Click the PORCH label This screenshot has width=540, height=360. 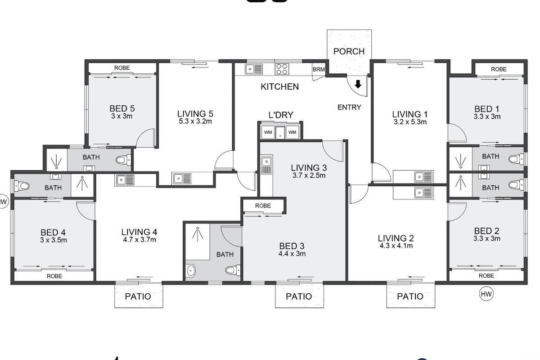click(349, 51)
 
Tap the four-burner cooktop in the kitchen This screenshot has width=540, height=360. click(282, 69)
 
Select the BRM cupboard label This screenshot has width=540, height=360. click(318, 69)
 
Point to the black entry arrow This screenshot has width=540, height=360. click(358, 84)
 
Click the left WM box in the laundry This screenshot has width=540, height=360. click(268, 132)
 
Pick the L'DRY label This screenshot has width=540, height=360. click(281, 115)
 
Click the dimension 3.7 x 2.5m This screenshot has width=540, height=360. click(308, 175)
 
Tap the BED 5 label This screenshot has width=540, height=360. click(122, 108)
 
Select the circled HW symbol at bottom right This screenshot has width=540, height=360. click(486, 294)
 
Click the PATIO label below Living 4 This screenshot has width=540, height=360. click(138, 297)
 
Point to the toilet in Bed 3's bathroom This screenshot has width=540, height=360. click(232, 270)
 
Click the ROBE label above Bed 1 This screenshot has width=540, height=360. click(499, 69)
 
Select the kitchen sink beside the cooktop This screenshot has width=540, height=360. click(254, 69)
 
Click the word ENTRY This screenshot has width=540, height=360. click(349, 107)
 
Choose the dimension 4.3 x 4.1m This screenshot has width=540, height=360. click(396, 246)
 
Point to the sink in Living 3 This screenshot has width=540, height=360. click(266, 165)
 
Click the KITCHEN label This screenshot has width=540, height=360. click(279, 86)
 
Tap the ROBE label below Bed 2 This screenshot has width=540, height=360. click(486, 275)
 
